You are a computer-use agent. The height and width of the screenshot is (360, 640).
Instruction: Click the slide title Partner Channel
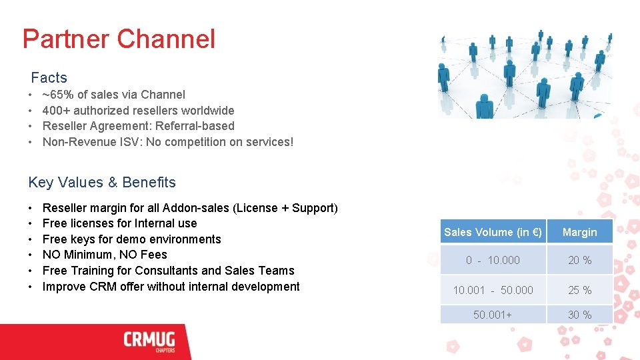click(x=119, y=39)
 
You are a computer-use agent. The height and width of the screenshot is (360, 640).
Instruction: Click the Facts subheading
click(x=49, y=78)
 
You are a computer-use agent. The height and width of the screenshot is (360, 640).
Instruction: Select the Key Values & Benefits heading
click(x=102, y=183)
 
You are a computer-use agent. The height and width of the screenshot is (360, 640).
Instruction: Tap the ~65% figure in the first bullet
click(x=57, y=95)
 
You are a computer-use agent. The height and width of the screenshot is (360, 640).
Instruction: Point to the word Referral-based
click(x=203, y=126)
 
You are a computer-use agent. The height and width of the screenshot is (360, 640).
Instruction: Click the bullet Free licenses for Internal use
click(x=119, y=223)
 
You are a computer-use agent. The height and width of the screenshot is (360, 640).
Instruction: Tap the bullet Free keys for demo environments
click(x=131, y=239)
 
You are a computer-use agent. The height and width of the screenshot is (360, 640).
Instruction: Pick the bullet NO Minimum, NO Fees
click(x=105, y=255)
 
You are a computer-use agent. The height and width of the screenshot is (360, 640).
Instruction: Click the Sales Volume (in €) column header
click(x=493, y=232)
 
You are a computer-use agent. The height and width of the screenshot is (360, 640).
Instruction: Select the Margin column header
click(x=579, y=232)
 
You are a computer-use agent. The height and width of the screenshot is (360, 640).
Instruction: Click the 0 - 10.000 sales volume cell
click(x=493, y=261)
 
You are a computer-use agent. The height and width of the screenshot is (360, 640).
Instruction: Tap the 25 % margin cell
click(x=579, y=290)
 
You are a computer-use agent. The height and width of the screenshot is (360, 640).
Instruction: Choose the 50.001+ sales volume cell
click(x=493, y=315)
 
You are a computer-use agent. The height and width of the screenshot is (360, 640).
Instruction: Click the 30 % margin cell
click(x=579, y=315)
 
